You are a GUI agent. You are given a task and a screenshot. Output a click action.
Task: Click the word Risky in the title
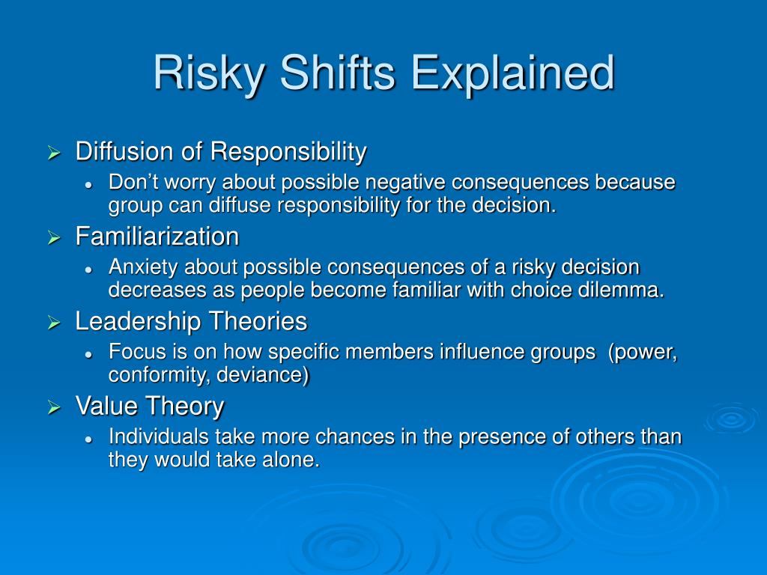pyautogui.click(x=210, y=74)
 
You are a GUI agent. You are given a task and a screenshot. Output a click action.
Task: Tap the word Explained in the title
pyautogui.click(x=512, y=74)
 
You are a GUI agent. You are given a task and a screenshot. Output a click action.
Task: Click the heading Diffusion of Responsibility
pyautogui.click(x=221, y=152)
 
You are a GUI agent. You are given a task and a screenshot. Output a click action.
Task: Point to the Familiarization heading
pyautogui.click(x=157, y=237)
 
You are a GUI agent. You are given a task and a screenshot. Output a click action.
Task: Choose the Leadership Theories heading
pyautogui.click(x=191, y=322)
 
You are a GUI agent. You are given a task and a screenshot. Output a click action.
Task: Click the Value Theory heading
pyautogui.click(x=150, y=407)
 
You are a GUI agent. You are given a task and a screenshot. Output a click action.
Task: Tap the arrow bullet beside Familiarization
pyautogui.click(x=54, y=238)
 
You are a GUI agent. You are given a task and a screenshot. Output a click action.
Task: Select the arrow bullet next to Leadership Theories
pyautogui.click(x=54, y=323)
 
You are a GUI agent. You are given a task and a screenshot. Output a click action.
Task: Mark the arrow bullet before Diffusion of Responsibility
pyautogui.click(x=54, y=153)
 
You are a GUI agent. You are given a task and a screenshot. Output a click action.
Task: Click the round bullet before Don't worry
pyautogui.click(x=88, y=186)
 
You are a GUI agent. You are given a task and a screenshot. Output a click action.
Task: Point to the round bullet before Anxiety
pyautogui.click(x=88, y=270)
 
